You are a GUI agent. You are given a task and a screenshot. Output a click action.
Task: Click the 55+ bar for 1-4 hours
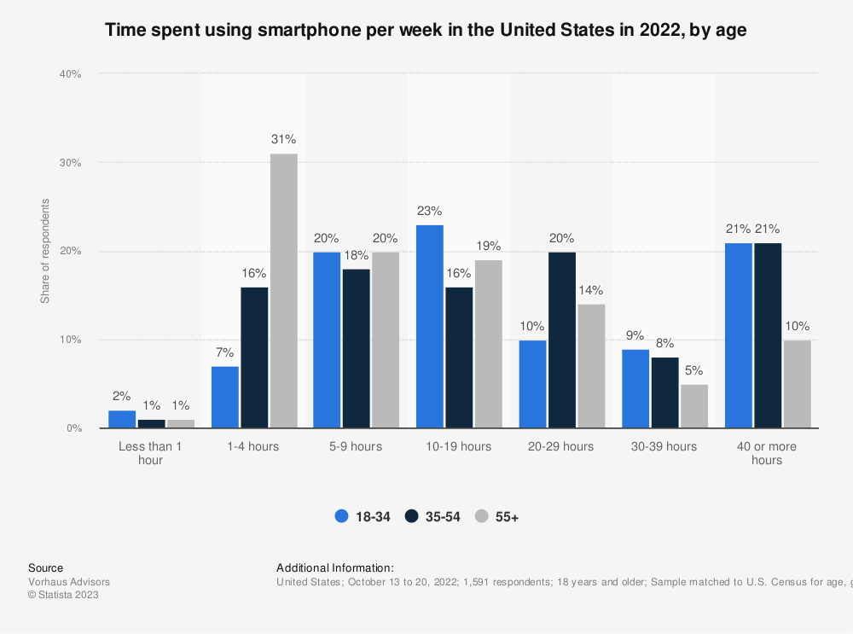pos(284,291)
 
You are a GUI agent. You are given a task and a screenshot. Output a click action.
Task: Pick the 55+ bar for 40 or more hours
pos(797,384)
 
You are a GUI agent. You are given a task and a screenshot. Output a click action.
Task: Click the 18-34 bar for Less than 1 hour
pos(122,419)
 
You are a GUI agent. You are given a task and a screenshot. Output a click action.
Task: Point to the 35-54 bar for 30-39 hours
pos(664,393)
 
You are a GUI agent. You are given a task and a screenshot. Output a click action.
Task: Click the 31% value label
pos(284,138)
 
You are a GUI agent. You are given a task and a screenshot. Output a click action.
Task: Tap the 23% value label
pos(430,210)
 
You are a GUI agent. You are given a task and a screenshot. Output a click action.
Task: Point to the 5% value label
pos(694,369)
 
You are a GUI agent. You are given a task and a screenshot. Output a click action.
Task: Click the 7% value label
pos(225,352)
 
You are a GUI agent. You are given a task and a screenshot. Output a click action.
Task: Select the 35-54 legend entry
pos(433,516)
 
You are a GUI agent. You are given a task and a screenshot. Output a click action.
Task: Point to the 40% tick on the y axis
pos(70,74)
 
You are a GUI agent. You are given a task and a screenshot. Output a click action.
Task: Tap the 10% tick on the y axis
pos(70,340)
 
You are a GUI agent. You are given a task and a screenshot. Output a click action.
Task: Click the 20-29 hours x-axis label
pos(561,446)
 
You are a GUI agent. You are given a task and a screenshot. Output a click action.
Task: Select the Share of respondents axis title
pos(45,251)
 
